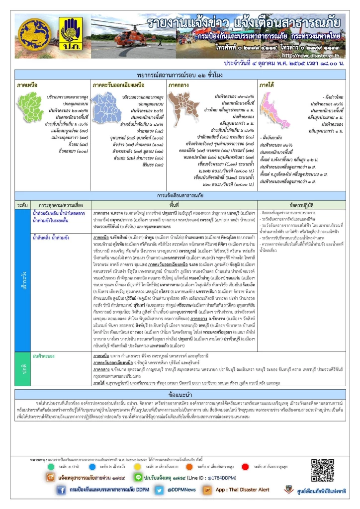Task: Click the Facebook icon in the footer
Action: [62, 490]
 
